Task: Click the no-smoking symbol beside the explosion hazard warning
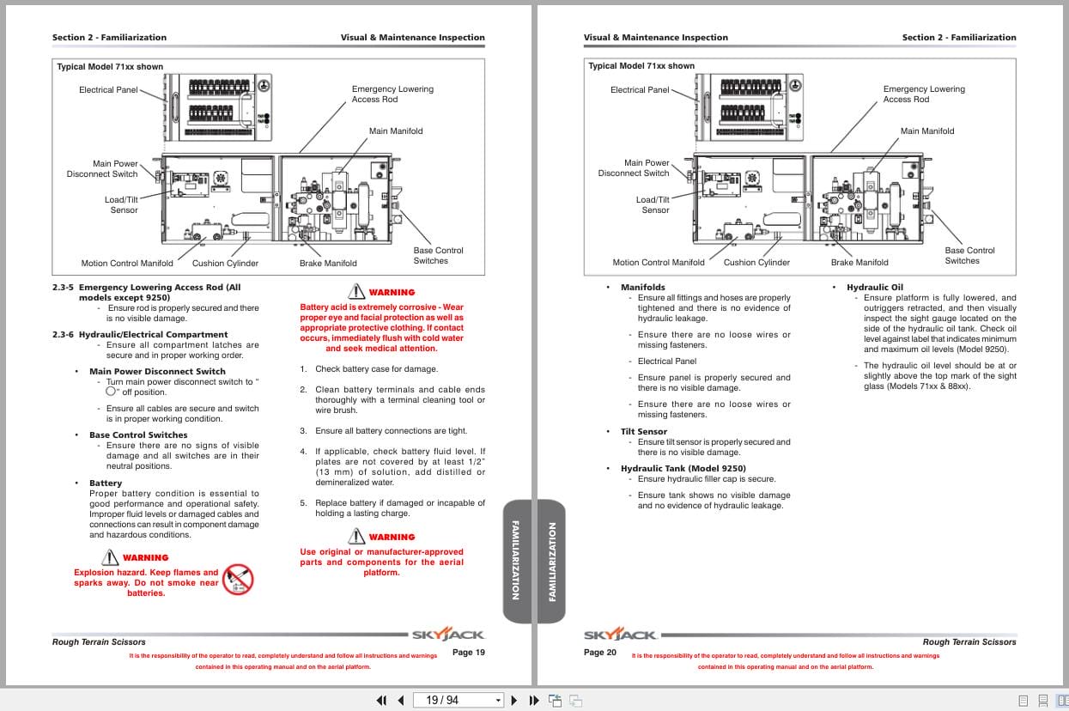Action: pos(238,579)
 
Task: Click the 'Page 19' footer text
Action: pos(469,653)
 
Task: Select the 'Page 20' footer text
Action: pos(600,653)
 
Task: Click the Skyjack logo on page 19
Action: pos(448,635)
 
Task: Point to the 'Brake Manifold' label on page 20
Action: pos(859,263)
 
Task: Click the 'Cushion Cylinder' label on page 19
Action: pos(225,264)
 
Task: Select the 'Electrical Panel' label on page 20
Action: pos(640,90)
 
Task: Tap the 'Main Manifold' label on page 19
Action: pos(396,131)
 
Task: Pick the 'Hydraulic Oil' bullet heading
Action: pos(875,288)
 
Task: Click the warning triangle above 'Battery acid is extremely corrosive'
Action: pos(356,292)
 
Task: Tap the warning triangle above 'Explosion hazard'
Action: pos(109,557)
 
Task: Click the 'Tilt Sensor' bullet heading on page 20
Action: pos(644,432)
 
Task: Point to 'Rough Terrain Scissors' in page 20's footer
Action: pos(969,641)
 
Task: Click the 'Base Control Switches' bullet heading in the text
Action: pos(138,435)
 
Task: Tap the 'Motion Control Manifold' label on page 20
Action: pos(659,263)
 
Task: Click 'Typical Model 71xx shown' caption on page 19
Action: pos(110,66)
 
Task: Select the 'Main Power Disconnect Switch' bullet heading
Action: pos(157,372)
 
